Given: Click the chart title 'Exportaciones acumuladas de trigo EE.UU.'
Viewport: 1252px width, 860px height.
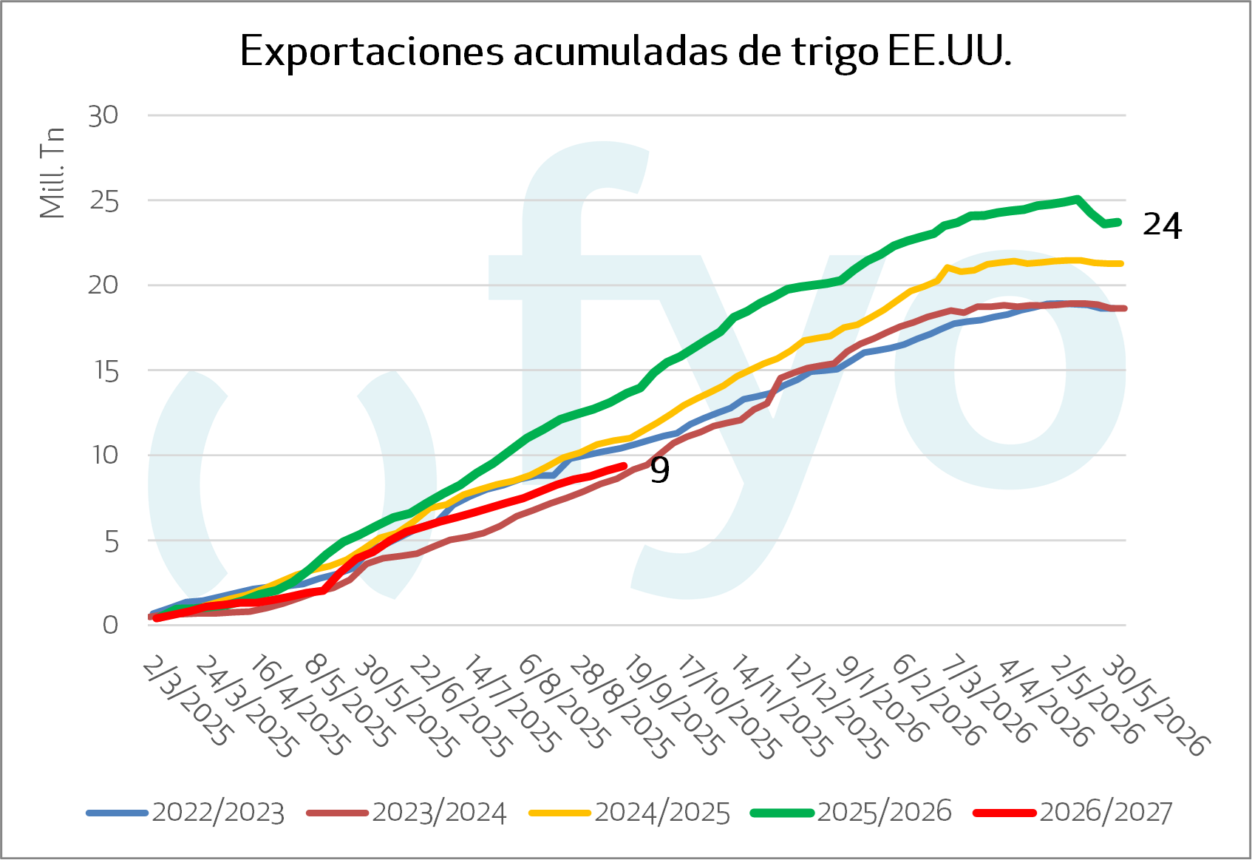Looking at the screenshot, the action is (625, 52).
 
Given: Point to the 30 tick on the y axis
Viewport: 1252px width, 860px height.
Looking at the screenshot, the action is (103, 116).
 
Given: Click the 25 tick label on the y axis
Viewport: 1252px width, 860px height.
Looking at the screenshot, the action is (104, 200).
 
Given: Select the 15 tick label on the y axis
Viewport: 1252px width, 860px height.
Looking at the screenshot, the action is (104, 370).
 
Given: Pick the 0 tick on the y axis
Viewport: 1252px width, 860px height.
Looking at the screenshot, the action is (111, 625).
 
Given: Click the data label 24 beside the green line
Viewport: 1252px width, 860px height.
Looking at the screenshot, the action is (1163, 226).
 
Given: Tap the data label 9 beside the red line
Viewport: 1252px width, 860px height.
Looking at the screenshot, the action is (660, 470).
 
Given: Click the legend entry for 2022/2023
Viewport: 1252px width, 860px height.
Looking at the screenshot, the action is (186, 813).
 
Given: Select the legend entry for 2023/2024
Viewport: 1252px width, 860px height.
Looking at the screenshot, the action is (407, 813).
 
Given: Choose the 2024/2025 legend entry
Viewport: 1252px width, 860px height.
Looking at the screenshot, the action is (630, 813).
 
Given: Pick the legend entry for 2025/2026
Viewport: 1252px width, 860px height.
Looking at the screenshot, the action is (851, 813).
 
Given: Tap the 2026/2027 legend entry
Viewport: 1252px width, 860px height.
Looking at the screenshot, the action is (1072, 813).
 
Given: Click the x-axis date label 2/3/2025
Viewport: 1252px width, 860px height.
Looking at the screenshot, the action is (186, 702).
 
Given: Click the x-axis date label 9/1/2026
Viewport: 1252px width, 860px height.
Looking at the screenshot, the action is (882, 702).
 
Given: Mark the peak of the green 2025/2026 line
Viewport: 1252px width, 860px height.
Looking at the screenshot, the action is (1077, 198).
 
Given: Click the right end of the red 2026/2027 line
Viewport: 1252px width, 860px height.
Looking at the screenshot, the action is (625, 465).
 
